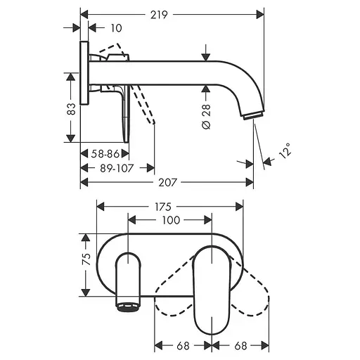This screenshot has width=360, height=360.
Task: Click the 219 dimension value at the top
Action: click(172, 13)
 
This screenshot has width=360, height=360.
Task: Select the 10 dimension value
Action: click(116, 28)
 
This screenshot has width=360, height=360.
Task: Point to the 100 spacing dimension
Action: click(170, 221)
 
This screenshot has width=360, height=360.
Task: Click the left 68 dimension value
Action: click(182, 345)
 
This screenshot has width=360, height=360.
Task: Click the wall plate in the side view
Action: click(85, 74)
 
